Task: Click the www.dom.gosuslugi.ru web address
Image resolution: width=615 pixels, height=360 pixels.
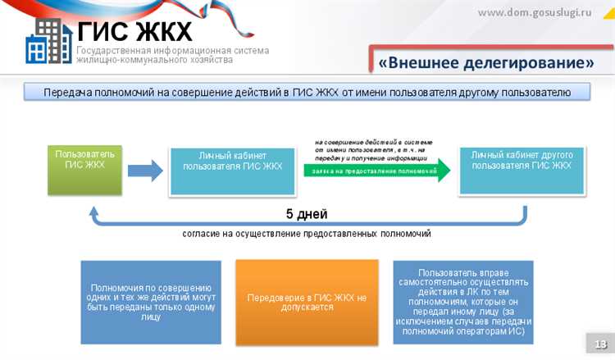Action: click(x=545, y=12)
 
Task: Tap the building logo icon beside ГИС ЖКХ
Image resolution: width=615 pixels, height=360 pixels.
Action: click(x=48, y=43)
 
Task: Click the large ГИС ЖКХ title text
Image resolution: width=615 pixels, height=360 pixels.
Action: click(x=134, y=32)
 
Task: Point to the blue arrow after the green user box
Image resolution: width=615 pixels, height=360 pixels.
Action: click(x=144, y=171)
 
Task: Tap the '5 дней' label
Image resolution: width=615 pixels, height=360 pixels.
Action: click(x=307, y=215)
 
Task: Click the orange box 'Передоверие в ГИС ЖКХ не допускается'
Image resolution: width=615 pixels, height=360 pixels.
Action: click(x=307, y=302)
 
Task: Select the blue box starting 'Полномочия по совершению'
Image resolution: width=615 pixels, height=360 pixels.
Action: click(x=151, y=302)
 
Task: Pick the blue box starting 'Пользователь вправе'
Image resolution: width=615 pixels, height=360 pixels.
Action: click(x=462, y=302)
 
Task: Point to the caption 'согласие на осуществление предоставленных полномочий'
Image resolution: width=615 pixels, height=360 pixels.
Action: click(x=307, y=234)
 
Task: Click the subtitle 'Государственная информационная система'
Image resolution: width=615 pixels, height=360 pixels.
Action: click(x=172, y=51)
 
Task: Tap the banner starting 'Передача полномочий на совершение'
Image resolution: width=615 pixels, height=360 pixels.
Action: click(x=307, y=92)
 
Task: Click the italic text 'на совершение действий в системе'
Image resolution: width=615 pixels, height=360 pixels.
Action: click(x=373, y=142)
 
